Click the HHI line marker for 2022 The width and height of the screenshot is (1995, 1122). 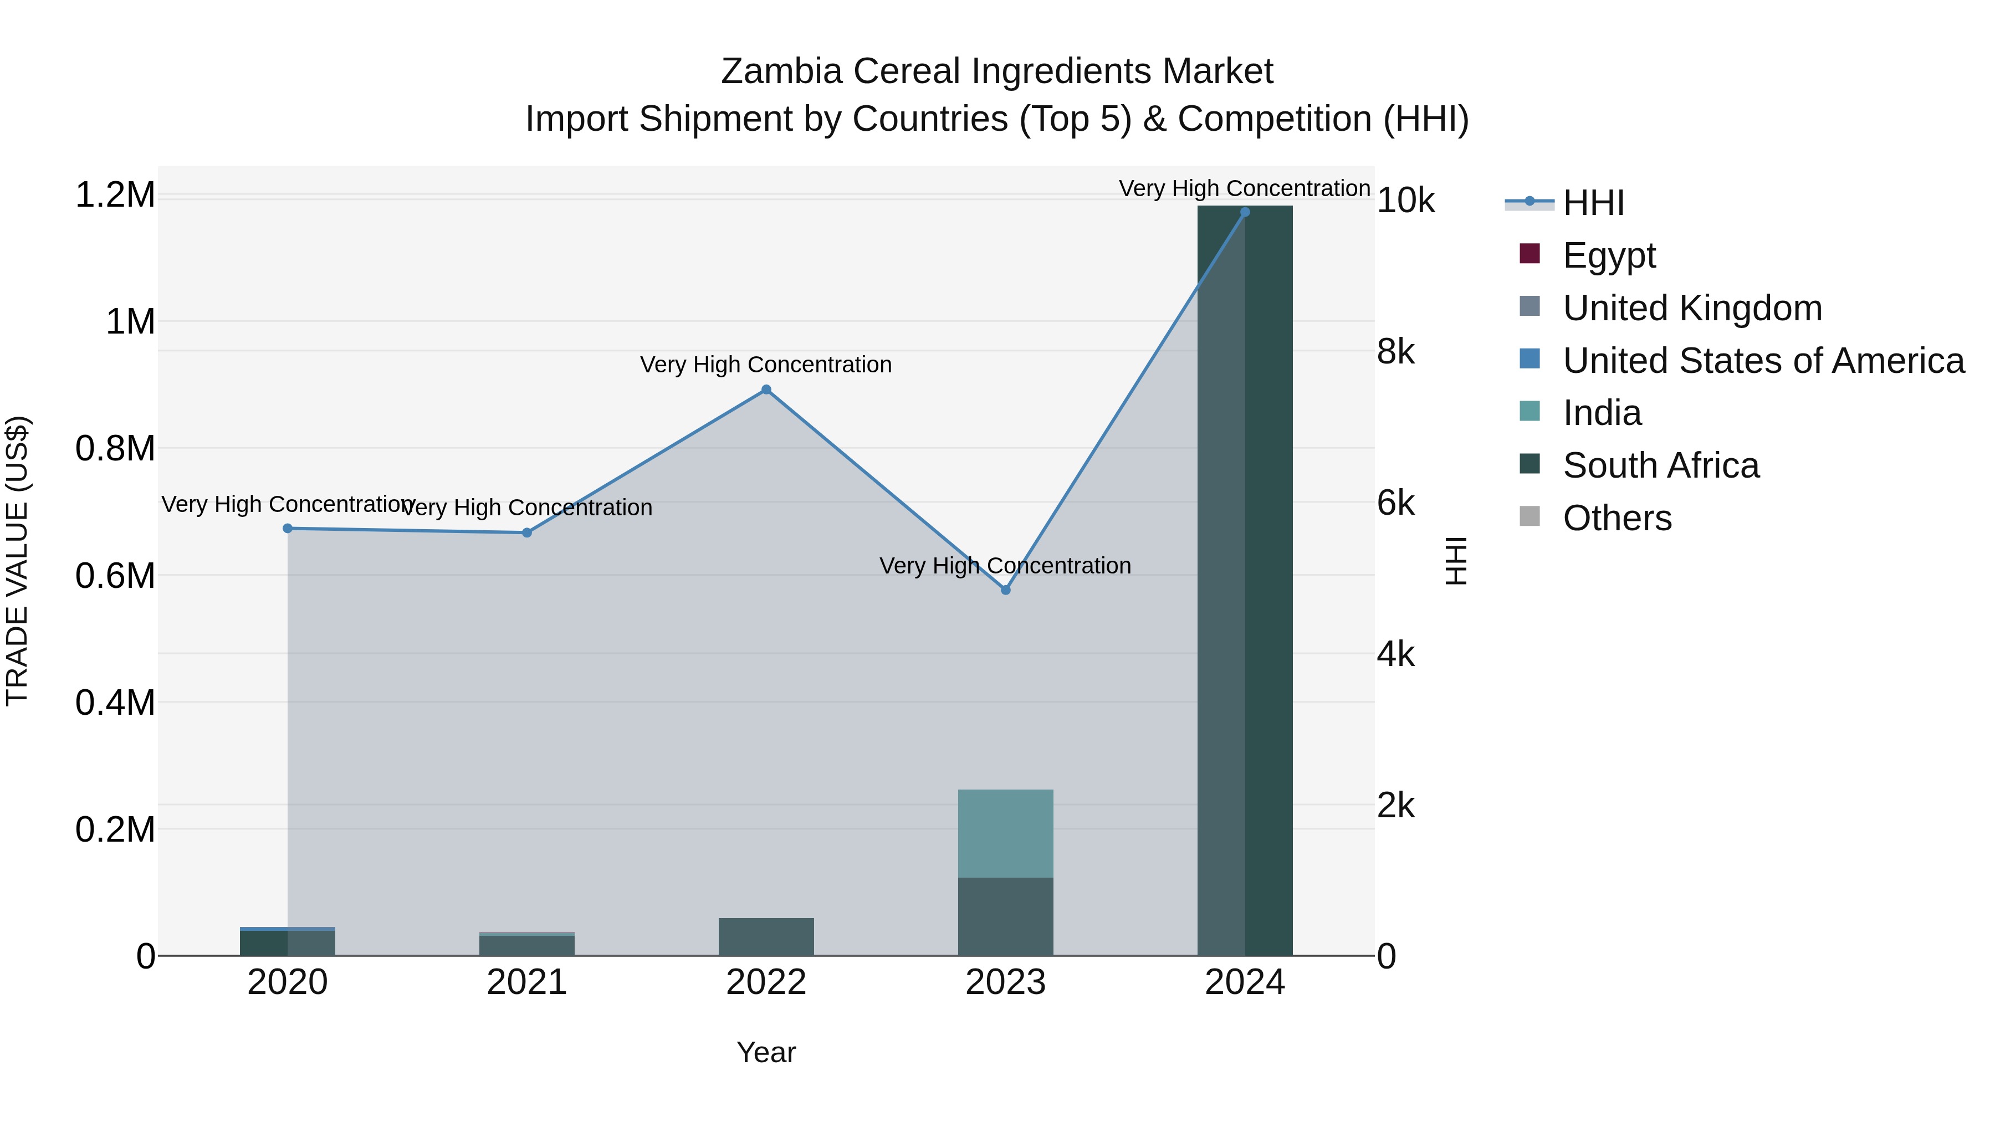pyautogui.click(x=766, y=390)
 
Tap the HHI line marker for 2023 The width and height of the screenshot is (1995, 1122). pyautogui.click(x=1005, y=590)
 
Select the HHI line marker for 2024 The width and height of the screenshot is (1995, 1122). pyautogui.click(x=1245, y=212)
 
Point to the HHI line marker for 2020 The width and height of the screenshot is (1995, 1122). pyautogui.click(x=287, y=528)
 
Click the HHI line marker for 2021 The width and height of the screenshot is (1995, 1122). pyautogui.click(x=526, y=532)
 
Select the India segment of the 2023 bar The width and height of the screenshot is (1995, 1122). pyautogui.click(x=1005, y=833)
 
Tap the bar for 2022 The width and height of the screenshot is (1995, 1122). pyautogui.click(x=766, y=937)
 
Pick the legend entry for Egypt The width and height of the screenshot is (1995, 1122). pyautogui.click(x=1609, y=255)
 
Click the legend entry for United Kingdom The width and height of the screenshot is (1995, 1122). pyautogui.click(x=1692, y=308)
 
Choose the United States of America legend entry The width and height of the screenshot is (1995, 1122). pyautogui.click(x=1763, y=361)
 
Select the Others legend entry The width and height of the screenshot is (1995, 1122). pyautogui.click(x=1617, y=518)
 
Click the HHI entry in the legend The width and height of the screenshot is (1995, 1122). pyautogui.click(x=1593, y=203)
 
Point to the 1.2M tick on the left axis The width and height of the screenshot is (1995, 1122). pyautogui.click(x=115, y=194)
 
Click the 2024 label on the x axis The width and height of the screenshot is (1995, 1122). pyautogui.click(x=1245, y=982)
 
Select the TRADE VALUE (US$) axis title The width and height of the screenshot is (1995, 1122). pyautogui.click(x=18, y=561)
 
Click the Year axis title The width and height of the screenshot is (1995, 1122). pyautogui.click(x=766, y=1052)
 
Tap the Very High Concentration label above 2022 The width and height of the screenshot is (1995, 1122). pyautogui.click(x=766, y=365)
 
